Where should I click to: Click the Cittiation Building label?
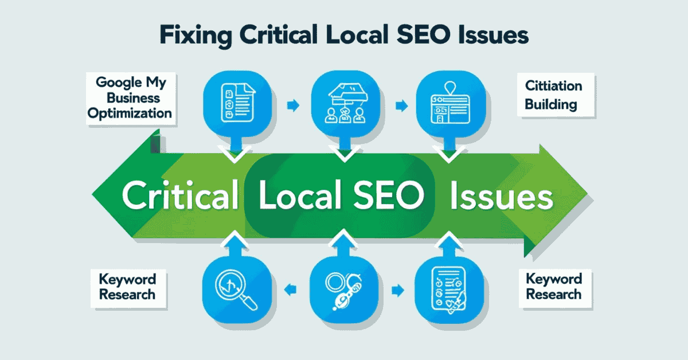(x=553, y=95)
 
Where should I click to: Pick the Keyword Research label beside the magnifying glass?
(x=127, y=287)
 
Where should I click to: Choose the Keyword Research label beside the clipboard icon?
(x=553, y=287)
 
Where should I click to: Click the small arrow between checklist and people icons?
(x=292, y=105)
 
